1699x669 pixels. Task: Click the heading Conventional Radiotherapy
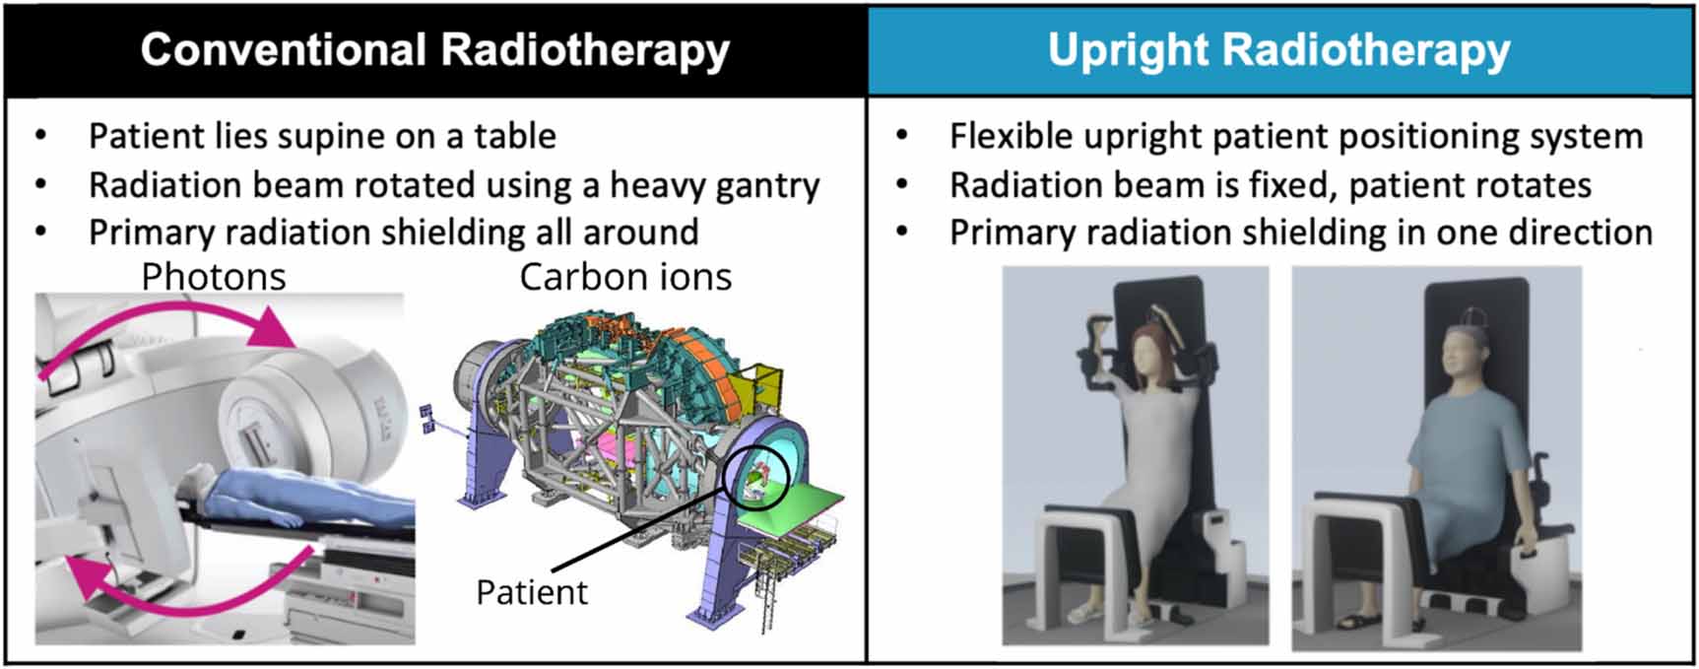coord(434,49)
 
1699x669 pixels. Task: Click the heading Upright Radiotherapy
coord(1278,49)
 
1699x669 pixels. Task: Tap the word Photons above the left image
coord(214,277)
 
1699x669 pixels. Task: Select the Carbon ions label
coord(625,277)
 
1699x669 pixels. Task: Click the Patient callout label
coord(532,592)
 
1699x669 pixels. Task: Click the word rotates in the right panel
coord(1536,185)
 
